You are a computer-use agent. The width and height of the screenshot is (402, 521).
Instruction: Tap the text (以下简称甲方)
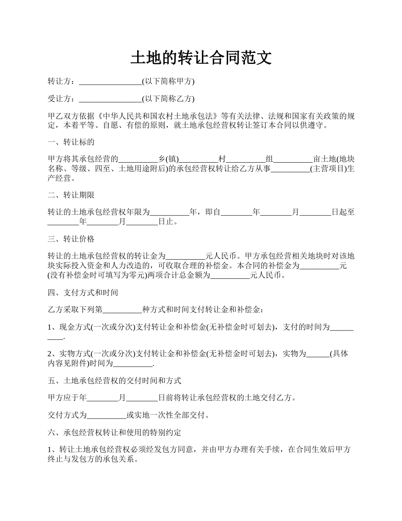coord(168,81)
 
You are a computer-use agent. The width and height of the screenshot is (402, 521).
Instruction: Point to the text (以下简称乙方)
coord(168,99)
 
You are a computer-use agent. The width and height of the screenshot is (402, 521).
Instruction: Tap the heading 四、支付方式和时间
coord(83,292)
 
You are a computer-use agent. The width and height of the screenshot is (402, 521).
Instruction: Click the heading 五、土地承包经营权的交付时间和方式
coord(114,380)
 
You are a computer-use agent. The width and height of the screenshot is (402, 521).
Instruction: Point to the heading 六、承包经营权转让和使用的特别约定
coord(114,433)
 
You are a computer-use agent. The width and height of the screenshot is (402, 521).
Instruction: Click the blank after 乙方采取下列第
coord(122,310)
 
